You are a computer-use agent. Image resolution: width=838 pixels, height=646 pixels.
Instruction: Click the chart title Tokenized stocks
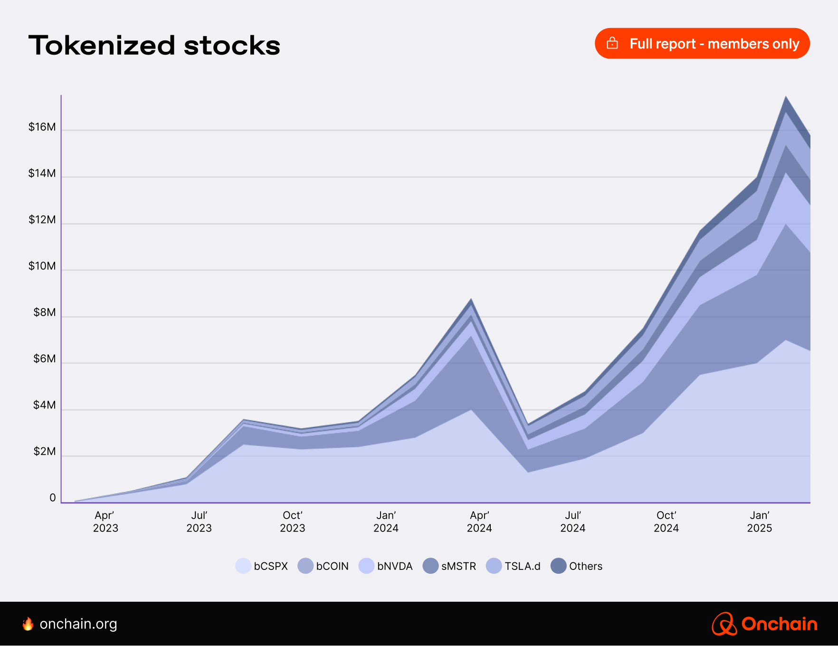(154, 46)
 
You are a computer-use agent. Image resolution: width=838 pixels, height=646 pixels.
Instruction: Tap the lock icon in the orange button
(612, 43)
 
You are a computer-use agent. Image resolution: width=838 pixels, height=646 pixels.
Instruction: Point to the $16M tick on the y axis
(42, 127)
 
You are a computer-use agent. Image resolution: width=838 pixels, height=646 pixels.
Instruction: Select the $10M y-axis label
(42, 266)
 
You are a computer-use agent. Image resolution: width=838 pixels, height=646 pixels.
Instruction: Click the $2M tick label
(44, 452)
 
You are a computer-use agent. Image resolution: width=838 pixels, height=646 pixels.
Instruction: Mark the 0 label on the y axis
(52, 498)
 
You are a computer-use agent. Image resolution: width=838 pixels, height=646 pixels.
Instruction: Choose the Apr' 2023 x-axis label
(105, 521)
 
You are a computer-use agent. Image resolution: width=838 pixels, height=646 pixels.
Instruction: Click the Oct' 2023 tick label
(292, 521)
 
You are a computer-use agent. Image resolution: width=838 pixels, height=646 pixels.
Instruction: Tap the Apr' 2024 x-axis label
(479, 521)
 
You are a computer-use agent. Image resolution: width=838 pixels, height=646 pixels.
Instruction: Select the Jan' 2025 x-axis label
(759, 521)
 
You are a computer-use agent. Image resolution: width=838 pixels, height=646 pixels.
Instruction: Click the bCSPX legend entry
(262, 566)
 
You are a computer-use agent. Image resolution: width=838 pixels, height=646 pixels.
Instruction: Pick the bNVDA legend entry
(385, 566)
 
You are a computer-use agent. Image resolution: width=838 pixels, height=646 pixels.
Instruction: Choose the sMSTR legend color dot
(430, 566)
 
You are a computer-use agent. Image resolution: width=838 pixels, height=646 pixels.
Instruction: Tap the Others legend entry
(576, 566)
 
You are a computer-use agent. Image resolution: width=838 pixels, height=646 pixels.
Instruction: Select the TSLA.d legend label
(522, 566)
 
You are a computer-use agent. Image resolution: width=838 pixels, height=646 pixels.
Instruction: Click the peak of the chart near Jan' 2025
(786, 97)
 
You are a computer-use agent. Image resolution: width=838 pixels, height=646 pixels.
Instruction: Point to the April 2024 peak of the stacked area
(471, 299)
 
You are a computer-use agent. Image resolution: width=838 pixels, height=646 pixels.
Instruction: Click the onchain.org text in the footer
(78, 624)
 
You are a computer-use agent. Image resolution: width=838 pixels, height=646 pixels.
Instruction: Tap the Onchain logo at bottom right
(764, 624)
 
